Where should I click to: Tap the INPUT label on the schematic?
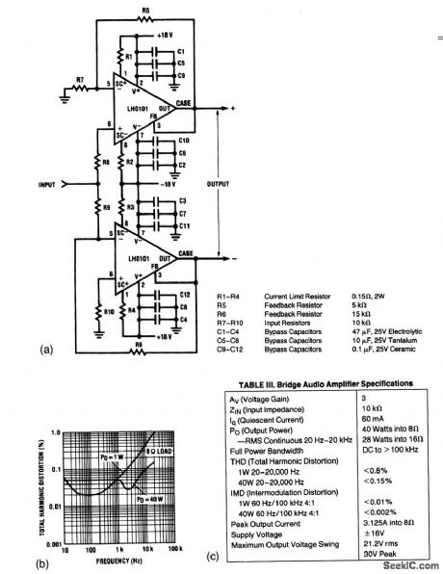coord(45,182)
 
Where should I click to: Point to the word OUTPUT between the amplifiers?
coord(220,182)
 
